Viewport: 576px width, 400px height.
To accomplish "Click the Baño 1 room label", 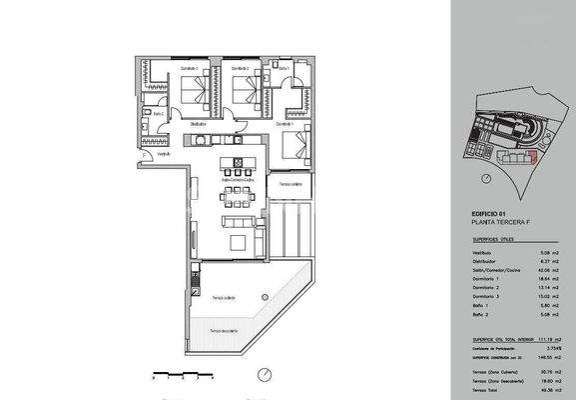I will pos(285,69).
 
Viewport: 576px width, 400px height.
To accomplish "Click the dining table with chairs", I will pos(237,190).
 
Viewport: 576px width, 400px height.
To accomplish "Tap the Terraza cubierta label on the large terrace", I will pos(225,298).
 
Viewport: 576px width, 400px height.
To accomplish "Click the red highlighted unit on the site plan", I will pos(532,157).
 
